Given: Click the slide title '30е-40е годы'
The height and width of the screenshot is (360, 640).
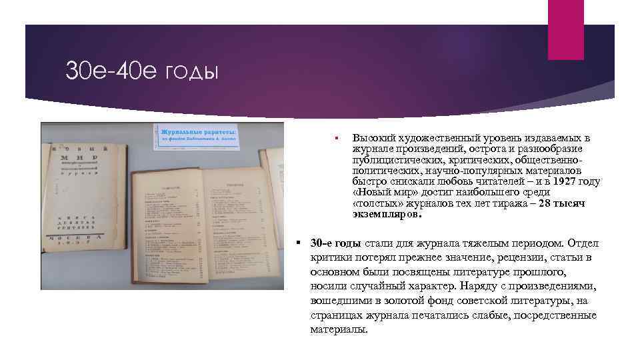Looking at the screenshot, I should point(141,71).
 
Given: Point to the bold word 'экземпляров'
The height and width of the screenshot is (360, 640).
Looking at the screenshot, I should point(387,215).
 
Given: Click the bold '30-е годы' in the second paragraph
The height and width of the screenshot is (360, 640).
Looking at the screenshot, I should point(336,242).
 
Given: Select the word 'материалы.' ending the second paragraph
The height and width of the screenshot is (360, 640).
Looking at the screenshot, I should point(339,330).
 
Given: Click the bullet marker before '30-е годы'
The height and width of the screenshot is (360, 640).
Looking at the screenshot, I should point(301,242).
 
